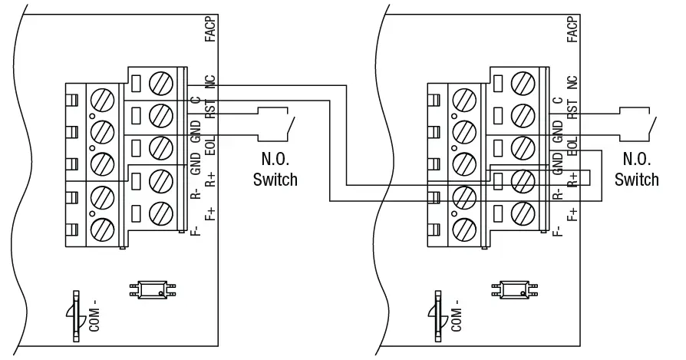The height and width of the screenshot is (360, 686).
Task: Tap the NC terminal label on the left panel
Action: [x=209, y=82]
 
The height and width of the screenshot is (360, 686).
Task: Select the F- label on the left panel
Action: [x=196, y=229]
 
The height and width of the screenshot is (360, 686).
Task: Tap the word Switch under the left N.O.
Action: [x=275, y=180]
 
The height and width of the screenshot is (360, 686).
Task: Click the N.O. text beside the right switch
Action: [x=636, y=161]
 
